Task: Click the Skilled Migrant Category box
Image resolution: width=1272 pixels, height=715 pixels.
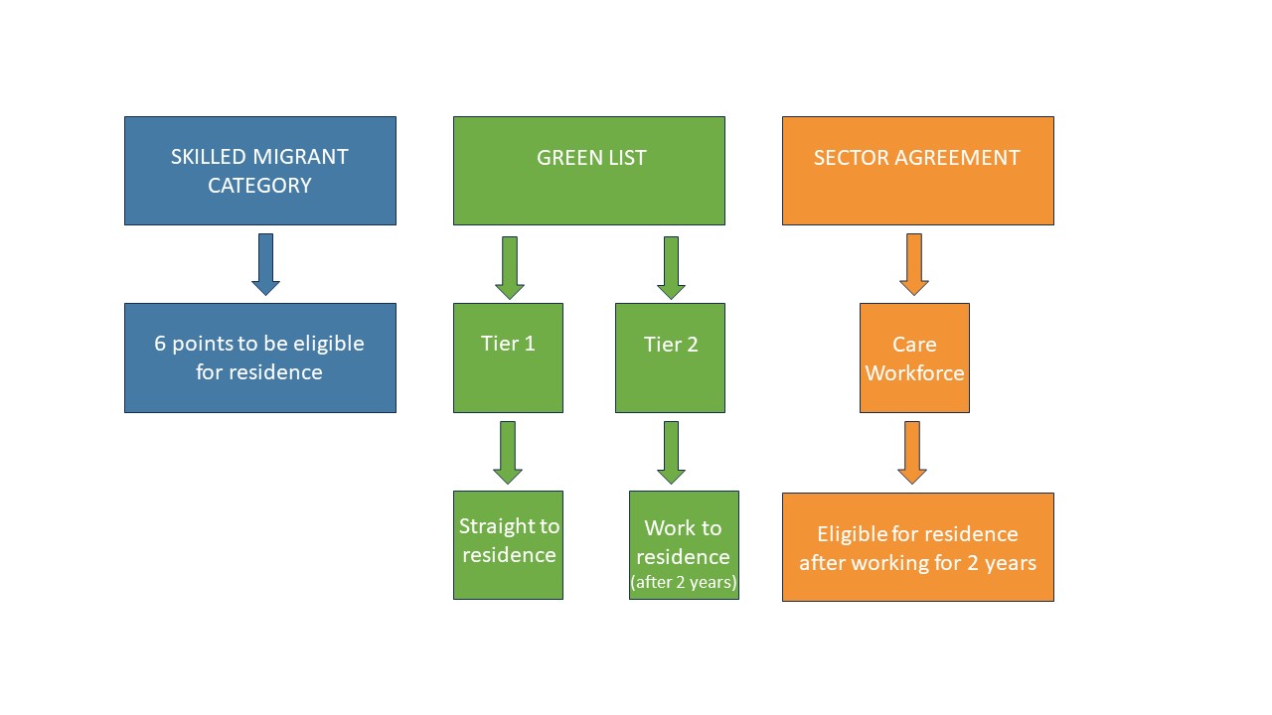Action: pyautogui.click(x=259, y=171)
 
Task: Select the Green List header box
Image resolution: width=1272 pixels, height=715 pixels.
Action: pyautogui.click(x=588, y=171)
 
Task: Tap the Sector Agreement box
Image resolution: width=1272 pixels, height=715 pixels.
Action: pyautogui.click(x=917, y=171)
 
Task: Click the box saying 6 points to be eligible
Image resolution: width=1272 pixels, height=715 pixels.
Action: pyautogui.click(x=259, y=357)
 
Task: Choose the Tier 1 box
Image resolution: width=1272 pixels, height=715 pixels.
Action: pyautogui.click(x=508, y=357)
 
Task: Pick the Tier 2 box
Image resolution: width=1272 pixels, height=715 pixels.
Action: pyautogui.click(x=670, y=357)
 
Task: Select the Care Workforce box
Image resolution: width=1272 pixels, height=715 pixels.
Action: pyautogui.click(x=914, y=357)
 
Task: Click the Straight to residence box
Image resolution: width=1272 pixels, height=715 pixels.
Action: pyautogui.click(x=508, y=544)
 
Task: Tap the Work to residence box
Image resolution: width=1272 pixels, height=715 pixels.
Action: pyautogui.click(x=684, y=544)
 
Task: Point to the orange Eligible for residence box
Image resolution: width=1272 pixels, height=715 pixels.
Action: pyautogui.click(x=917, y=547)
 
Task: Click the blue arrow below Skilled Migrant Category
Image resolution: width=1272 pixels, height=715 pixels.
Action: pyautogui.click(x=265, y=264)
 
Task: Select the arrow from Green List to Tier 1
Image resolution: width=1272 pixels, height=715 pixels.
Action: pyautogui.click(x=509, y=267)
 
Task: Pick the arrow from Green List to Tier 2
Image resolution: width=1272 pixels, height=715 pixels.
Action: pyautogui.click(x=671, y=267)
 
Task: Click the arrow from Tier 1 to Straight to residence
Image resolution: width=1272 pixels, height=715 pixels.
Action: pyautogui.click(x=507, y=452)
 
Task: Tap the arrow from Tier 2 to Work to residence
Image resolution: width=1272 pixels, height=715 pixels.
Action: pyautogui.click(x=671, y=452)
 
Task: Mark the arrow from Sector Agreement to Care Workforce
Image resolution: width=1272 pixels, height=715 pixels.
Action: pyautogui.click(x=914, y=264)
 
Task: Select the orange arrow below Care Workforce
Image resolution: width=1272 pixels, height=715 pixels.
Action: pyautogui.click(x=912, y=452)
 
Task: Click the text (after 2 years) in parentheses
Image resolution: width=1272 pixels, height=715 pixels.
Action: pyautogui.click(x=684, y=583)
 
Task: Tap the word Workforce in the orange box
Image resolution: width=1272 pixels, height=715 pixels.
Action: pyautogui.click(x=914, y=373)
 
